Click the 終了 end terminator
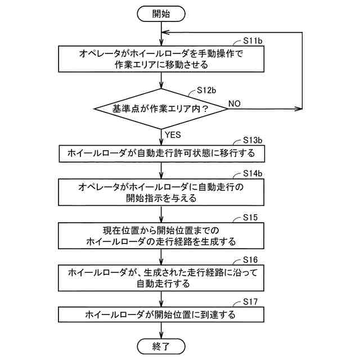pos(161,345)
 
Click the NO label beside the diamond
pos(235,103)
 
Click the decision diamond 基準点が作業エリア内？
pos(161,109)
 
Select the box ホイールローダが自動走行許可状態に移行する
pos(161,153)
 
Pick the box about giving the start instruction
pos(161,192)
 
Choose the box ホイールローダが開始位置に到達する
pos(161,314)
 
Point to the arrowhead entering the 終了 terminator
pos(161,334)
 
